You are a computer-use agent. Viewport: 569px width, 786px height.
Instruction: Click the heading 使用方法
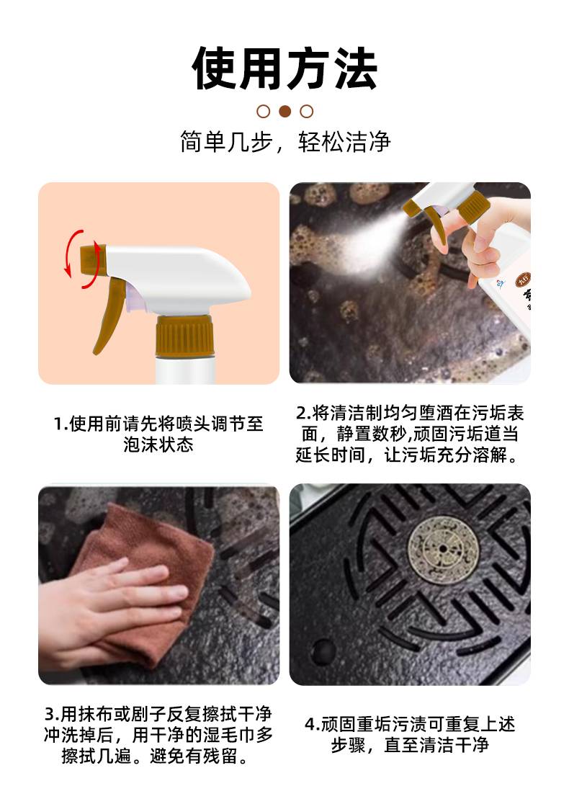pyautogui.click(x=284, y=68)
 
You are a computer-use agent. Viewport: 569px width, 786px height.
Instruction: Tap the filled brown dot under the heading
pyautogui.click(x=284, y=111)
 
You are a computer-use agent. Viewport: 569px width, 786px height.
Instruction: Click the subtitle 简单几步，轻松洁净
pyautogui.click(x=284, y=142)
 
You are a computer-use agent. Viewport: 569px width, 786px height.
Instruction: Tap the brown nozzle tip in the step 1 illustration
pyautogui.click(x=91, y=259)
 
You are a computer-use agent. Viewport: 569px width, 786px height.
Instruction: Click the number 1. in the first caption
pyautogui.click(x=61, y=424)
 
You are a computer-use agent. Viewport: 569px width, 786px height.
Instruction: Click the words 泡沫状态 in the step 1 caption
pyautogui.click(x=158, y=445)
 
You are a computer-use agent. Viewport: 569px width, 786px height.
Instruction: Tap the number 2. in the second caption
pyautogui.click(x=304, y=413)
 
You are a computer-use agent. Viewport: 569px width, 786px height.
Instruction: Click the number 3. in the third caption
pyautogui.click(x=52, y=714)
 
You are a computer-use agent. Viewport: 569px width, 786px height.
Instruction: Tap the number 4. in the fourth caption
pyautogui.click(x=313, y=724)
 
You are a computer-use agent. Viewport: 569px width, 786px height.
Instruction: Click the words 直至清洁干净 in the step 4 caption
pyautogui.click(x=436, y=746)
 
